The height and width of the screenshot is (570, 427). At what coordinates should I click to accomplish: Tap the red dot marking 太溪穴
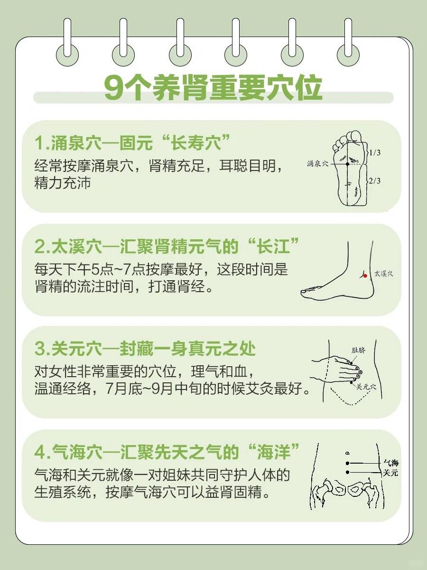365,276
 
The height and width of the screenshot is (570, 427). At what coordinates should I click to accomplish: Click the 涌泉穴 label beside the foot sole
317,163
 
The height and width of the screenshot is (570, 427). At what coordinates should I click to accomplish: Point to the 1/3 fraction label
375,152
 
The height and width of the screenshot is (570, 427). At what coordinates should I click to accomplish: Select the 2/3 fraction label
375,180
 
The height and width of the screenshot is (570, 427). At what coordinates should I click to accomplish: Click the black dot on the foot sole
347,164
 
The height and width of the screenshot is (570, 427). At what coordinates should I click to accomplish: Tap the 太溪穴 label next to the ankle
384,274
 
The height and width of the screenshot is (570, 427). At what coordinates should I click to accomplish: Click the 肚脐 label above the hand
358,350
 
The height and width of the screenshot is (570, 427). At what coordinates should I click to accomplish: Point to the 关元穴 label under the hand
366,387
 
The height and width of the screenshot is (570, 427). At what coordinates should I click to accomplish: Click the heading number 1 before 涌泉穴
39,143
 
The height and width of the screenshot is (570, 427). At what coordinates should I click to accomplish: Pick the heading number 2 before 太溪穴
40,247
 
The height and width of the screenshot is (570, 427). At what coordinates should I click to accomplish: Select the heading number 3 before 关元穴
40,349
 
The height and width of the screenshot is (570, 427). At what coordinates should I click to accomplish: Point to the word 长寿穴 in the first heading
196,142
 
